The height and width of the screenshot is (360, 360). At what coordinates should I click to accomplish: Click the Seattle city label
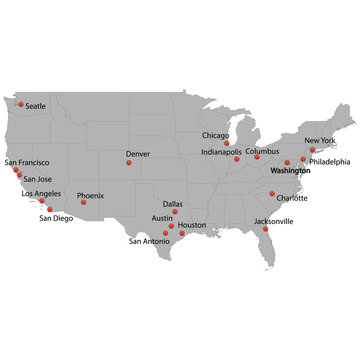pyautogui.click(x=36, y=105)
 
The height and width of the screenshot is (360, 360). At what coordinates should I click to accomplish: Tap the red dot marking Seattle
pyautogui.click(x=20, y=102)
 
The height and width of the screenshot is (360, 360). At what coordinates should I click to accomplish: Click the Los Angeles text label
pyautogui.click(x=41, y=194)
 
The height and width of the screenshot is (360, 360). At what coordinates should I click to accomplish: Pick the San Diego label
pyautogui.click(x=56, y=218)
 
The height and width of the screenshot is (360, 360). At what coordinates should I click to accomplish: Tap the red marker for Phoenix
pyautogui.click(x=83, y=203)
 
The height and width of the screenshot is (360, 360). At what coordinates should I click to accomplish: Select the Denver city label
pyautogui.click(x=138, y=154)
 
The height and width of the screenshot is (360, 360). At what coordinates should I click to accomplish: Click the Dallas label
pyautogui.click(x=173, y=203)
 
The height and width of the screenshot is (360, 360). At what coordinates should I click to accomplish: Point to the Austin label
pyautogui.click(x=162, y=217)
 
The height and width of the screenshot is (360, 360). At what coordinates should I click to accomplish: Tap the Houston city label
pyautogui.click(x=192, y=225)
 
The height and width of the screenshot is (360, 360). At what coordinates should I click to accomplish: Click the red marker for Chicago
pyautogui.click(x=227, y=143)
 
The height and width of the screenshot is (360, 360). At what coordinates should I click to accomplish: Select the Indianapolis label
pyautogui.click(x=221, y=152)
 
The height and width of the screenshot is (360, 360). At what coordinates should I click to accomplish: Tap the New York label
pyautogui.click(x=320, y=141)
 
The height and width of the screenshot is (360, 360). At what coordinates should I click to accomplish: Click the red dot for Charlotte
pyautogui.click(x=272, y=193)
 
